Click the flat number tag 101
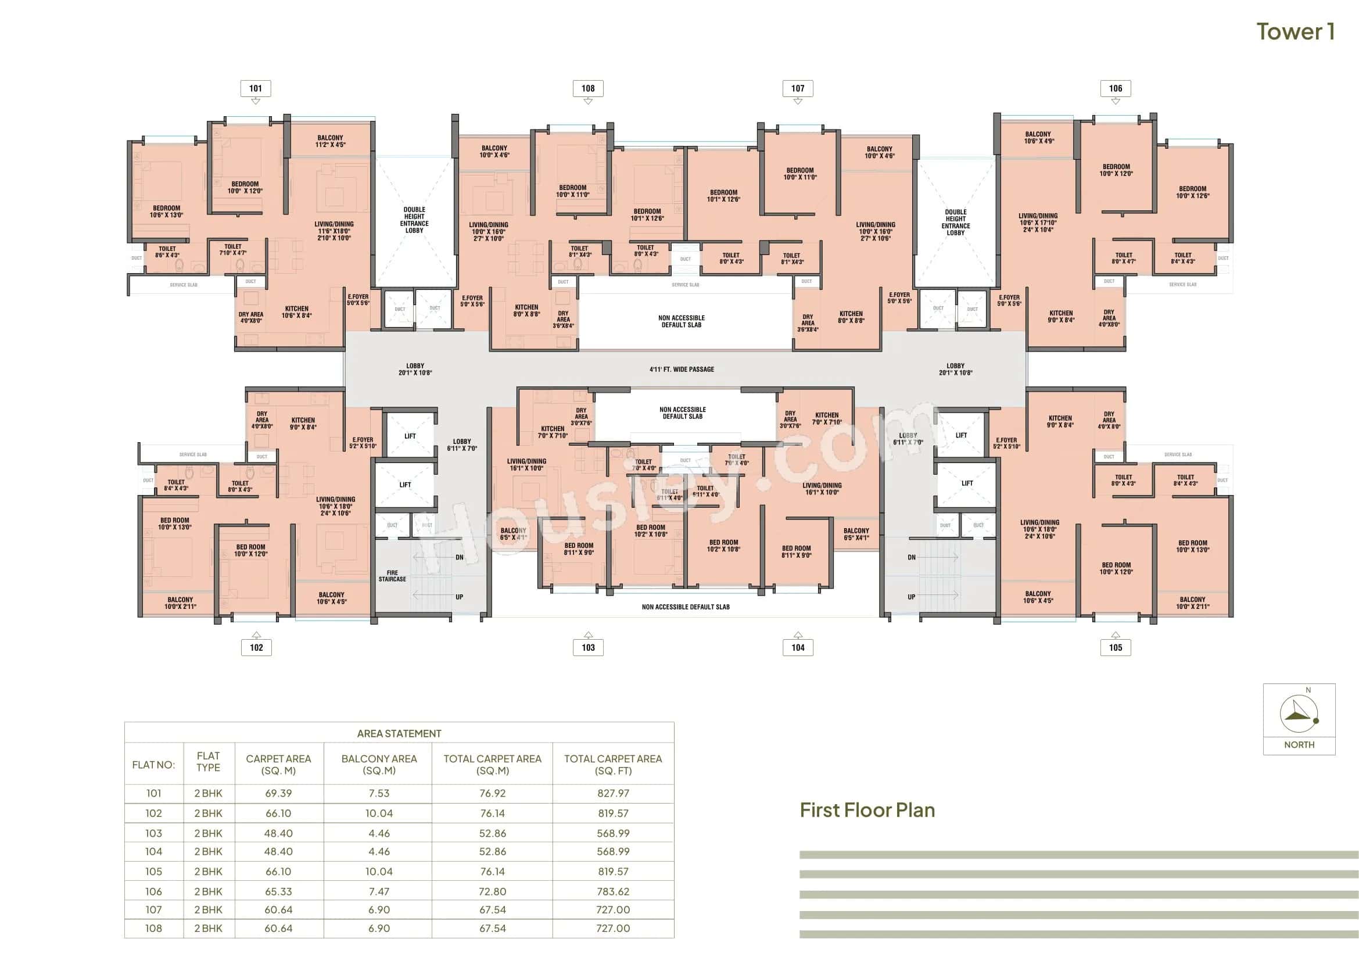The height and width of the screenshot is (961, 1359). point(256,88)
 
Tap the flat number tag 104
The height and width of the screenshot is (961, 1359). point(798,647)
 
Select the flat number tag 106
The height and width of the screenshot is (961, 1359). point(1115,88)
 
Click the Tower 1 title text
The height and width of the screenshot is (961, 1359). point(1295,32)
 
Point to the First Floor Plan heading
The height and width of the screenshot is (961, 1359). point(867,810)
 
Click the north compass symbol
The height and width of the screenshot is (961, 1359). point(1299,715)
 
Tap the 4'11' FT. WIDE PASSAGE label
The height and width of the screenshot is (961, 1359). point(682,370)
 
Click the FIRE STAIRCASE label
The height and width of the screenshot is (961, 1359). point(392,576)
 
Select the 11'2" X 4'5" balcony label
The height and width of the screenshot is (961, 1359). point(330,141)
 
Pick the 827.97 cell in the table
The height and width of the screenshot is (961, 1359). point(612,793)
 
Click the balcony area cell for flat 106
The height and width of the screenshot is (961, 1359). point(379,891)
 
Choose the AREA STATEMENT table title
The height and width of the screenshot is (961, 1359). point(399,733)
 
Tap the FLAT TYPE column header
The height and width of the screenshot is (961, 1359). point(209,762)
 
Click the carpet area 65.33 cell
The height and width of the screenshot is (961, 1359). point(278,891)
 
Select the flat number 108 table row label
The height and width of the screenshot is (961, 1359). point(153,928)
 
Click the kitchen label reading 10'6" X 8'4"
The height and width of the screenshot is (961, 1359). point(296,312)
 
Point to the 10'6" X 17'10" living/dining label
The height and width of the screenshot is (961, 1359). point(1038,223)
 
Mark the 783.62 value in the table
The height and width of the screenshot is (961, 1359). point(612,891)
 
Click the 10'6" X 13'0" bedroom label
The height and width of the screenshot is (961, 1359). point(166,212)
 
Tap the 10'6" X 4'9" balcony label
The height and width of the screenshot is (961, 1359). point(1038,138)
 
